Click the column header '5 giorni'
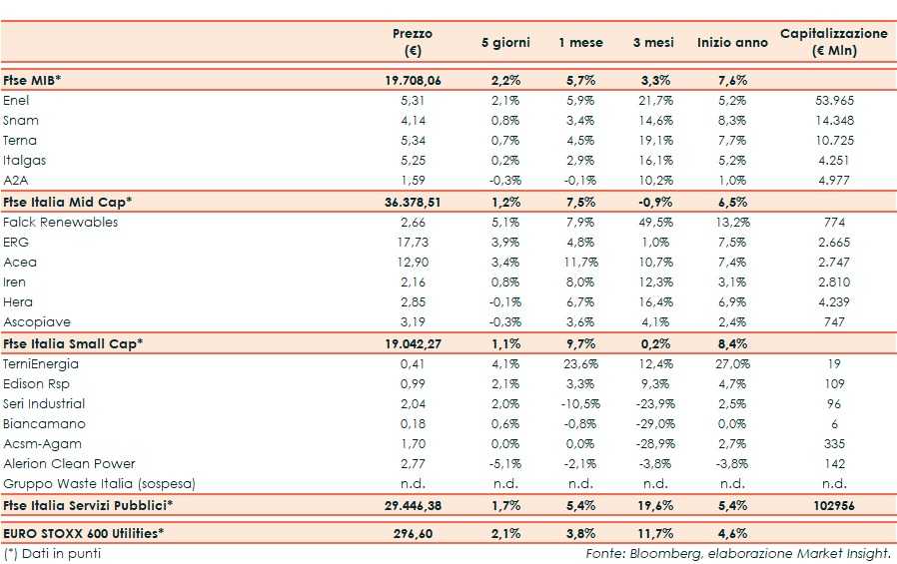coord(505,43)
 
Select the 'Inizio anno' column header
coord(732,43)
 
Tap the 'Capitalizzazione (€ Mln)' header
coord(833,42)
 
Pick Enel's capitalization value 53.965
coord(834,101)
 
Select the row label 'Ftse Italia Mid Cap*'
coord(68,202)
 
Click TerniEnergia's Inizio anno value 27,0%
coord(732,364)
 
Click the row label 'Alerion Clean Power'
coord(69,464)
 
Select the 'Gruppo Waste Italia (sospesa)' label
coord(99,484)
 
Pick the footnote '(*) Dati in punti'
coord(52,553)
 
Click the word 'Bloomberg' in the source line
coord(657,553)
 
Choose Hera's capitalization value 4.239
coord(834,302)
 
